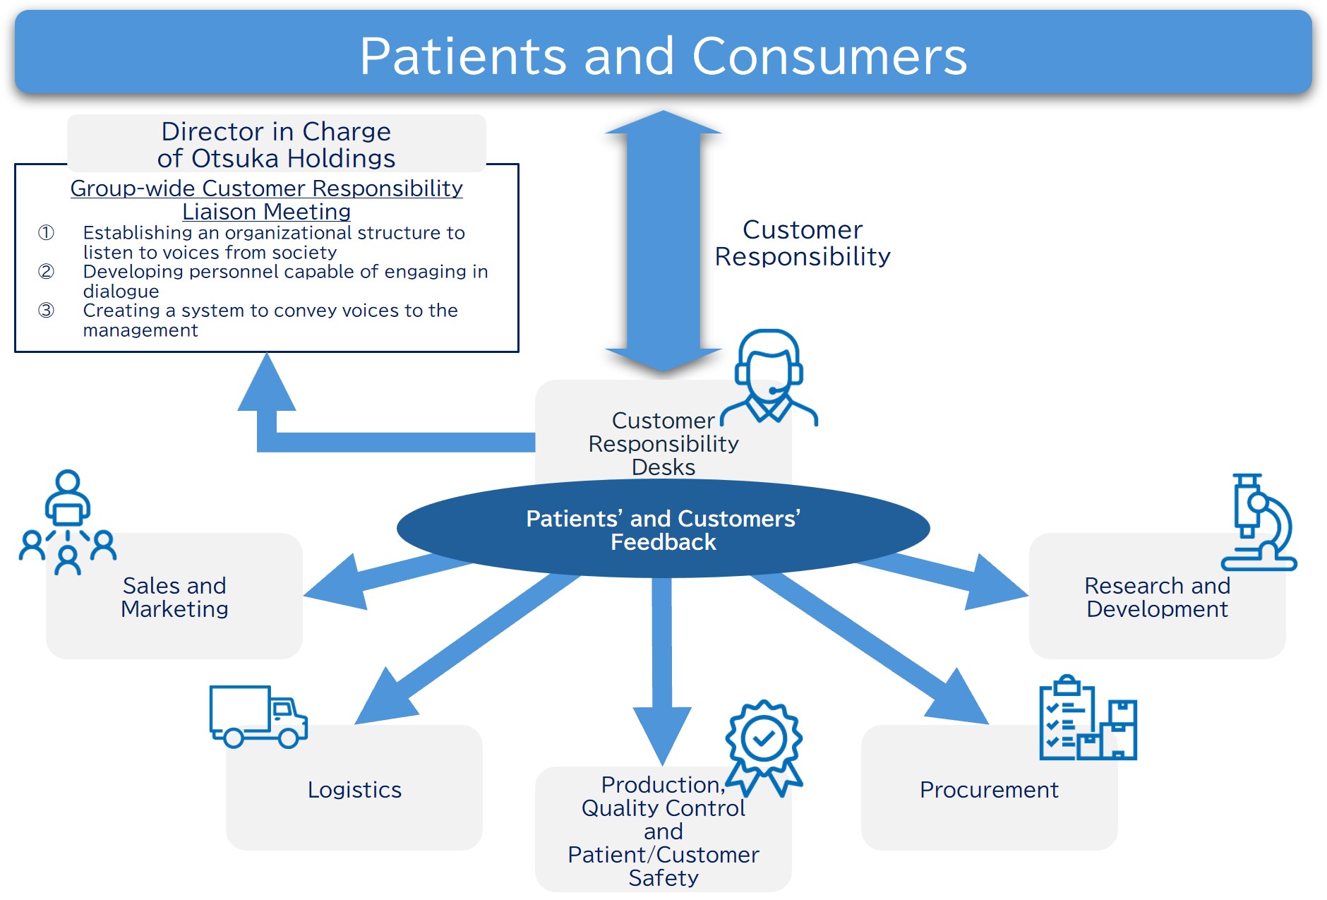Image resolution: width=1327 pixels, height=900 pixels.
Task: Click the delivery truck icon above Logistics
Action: (x=258, y=716)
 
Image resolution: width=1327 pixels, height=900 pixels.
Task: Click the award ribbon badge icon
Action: (x=764, y=747)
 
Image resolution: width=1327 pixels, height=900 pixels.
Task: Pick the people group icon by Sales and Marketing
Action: (x=68, y=523)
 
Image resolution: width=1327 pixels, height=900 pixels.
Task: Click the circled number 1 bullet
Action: (x=46, y=233)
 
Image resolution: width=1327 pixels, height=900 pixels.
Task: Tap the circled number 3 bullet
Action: (x=46, y=311)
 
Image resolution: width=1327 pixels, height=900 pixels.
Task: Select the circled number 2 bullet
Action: (x=46, y=272)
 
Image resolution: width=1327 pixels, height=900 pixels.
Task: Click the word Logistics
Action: (x=354, y=790)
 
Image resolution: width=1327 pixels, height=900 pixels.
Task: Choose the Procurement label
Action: (x=989, y=790)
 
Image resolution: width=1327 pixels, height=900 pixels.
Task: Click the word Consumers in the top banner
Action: (x=829, y=56)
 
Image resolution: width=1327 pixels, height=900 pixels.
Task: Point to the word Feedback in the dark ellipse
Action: (x=663, y=542)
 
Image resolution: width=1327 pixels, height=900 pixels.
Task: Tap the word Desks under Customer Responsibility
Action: (x=663, y=467)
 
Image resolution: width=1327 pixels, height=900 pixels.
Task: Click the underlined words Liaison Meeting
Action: (x=266, y=212)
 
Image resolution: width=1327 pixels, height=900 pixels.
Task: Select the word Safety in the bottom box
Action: (x=663, y=878)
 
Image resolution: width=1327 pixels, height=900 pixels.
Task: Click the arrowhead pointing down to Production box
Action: (x=662, y=734)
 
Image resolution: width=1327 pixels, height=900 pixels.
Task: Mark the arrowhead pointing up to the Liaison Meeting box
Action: (x=266, y=385)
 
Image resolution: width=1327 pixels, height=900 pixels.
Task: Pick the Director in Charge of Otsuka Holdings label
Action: (x=276, y=145)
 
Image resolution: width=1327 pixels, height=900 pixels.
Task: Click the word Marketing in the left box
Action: (x=174, y=609)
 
